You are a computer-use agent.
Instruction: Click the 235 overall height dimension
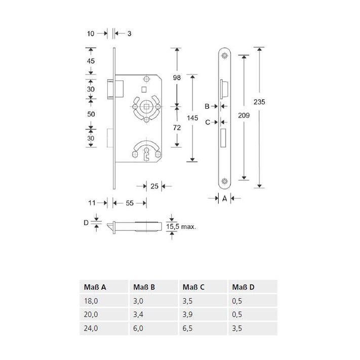point(259,102)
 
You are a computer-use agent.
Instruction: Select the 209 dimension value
point(244,115)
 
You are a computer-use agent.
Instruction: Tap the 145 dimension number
point(192,118)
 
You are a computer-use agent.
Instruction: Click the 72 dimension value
point(177,128)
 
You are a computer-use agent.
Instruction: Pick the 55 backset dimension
point(129,203)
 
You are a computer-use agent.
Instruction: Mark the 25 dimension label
point(155,186)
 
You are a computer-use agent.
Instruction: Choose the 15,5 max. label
point(181,226)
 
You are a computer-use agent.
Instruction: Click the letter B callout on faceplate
point(207,106)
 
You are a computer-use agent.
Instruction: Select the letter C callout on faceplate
point(207,122)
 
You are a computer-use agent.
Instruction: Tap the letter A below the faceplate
point(224,199)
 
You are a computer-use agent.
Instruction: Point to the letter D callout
point(86,222)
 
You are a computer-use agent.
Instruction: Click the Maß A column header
point(94,287)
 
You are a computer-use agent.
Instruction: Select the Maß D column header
point(244,287)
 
